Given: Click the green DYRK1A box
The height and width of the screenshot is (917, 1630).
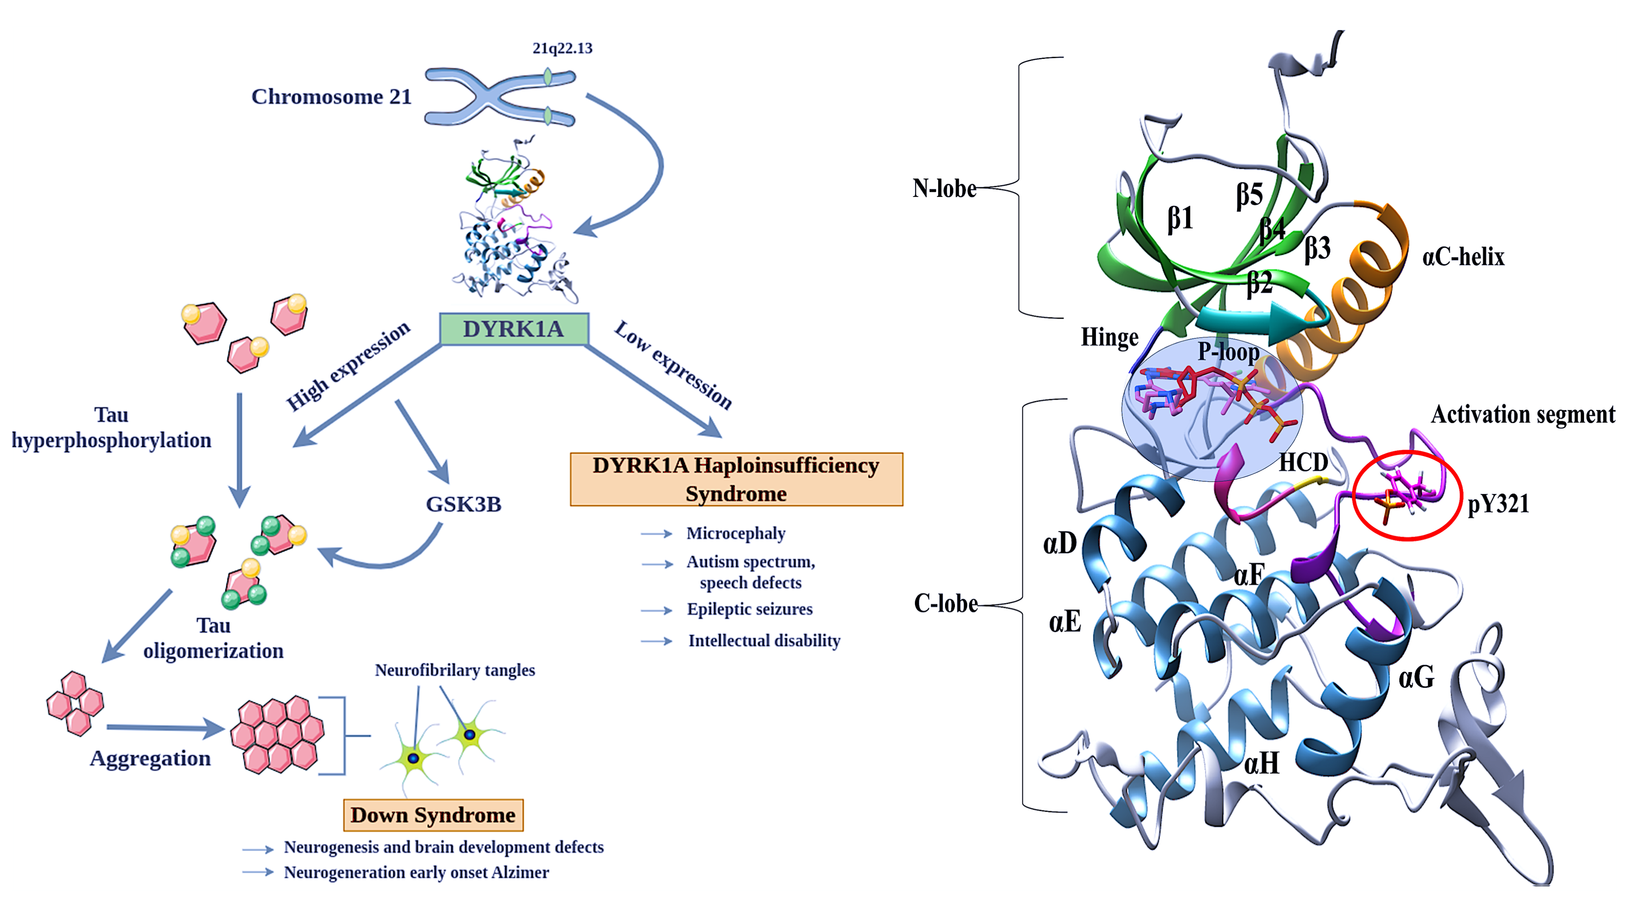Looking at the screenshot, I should (514, 329).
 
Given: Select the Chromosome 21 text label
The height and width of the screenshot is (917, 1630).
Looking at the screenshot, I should (331, 97).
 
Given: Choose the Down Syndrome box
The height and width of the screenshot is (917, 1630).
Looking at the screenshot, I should (433, 815).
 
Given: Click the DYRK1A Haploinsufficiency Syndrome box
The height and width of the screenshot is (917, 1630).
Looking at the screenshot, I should (736, 479).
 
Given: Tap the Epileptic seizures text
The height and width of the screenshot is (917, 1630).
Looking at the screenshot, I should (750, 609).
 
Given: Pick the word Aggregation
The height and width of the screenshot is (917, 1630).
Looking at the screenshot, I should (150, 758).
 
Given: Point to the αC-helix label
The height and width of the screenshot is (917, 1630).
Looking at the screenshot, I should (1463, 257).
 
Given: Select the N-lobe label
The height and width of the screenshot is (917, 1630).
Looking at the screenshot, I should (944, 188).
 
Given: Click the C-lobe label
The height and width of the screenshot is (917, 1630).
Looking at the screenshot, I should (945, 603).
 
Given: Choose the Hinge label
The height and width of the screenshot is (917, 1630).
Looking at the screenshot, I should (1109, 337).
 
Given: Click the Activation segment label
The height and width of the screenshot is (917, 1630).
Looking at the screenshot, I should (1523, 415).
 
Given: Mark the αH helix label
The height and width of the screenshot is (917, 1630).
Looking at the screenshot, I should (1261, 763).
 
